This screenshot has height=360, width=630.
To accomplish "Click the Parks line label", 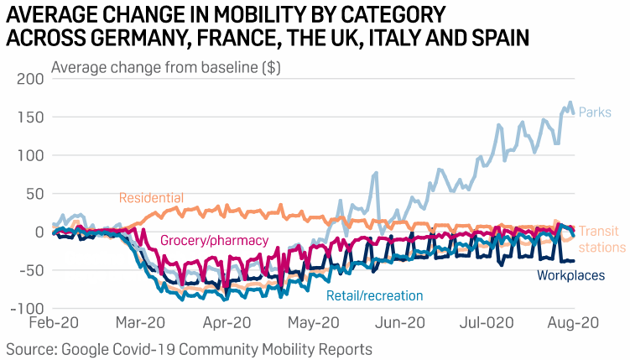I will click(595, 112).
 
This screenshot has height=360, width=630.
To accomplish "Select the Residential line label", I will click(151, 198).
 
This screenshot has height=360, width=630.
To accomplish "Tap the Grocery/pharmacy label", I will click(214, 241).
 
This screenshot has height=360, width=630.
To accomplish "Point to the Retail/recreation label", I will click(375, 295).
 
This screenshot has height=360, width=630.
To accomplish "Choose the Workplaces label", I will click(570, 275).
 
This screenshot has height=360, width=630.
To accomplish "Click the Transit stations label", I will click(601, 239).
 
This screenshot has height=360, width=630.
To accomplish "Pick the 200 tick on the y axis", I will click(29, 79).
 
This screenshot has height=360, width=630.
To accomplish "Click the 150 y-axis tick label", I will click(29, 117).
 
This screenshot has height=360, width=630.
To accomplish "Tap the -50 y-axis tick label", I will click(29, 270).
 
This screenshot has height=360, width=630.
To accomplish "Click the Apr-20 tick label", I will click(227, 324).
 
